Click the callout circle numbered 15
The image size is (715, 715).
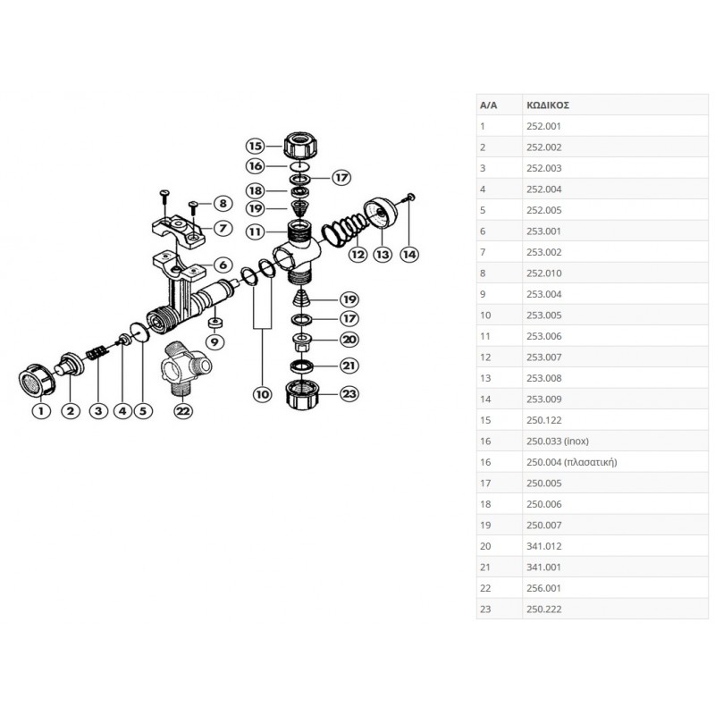coord(257,145)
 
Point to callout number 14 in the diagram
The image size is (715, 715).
coord(409,255)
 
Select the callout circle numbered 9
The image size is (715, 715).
coord(214,341)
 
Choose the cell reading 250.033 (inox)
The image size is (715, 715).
coord(557,441)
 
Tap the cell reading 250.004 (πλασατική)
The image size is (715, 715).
coord(570,462)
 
